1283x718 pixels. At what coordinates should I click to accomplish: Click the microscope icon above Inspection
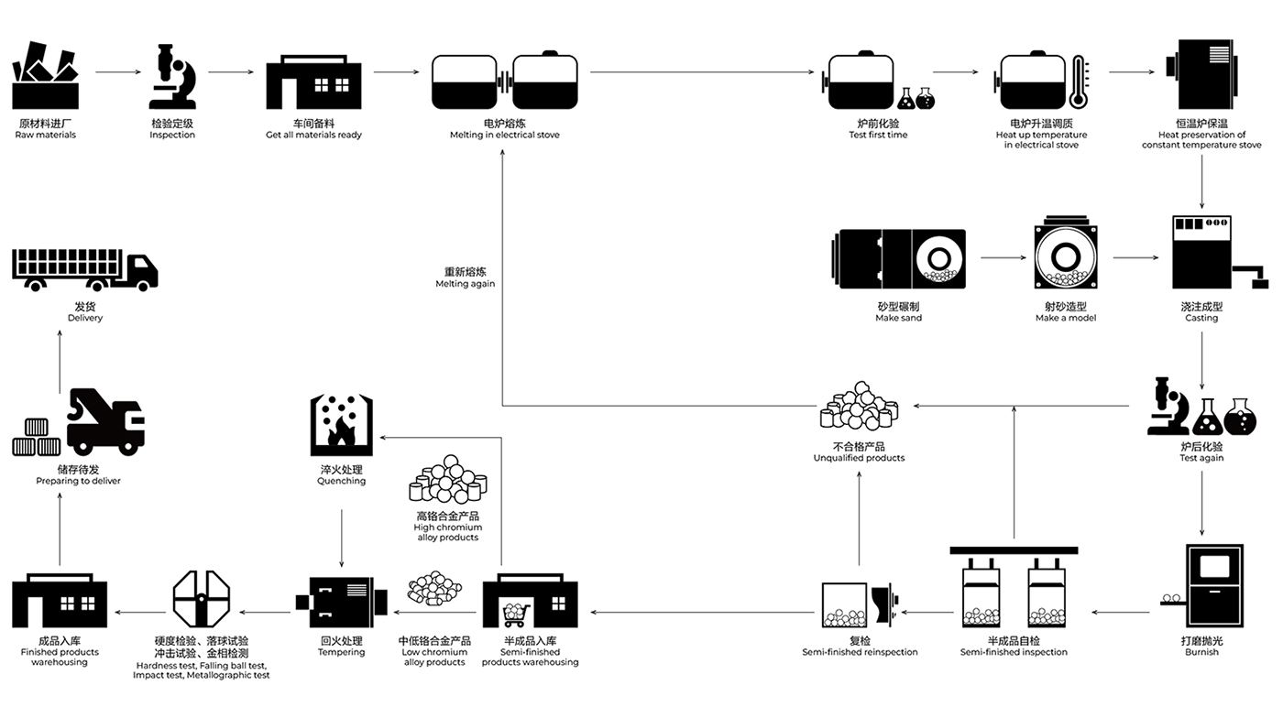click(x=172, y=77)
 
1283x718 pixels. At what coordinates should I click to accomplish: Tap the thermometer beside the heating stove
click(x=1080, y=82)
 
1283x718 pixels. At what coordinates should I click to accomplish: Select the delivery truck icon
click(x=84, y=269)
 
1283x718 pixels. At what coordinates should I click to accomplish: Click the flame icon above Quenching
click(x=340, y=430)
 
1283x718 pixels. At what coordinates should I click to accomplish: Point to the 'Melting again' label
click(x=466, y=284)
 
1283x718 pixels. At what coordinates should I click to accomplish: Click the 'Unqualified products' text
click(x=860, y=458)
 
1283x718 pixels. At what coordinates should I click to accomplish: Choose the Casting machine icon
click(x=1212, y=252)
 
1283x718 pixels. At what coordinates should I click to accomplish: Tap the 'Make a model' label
click(x=1066, y=318)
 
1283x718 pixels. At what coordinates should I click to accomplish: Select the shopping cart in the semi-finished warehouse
click(x=515, y=615)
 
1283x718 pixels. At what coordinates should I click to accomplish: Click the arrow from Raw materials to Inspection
click(x=118, y=72)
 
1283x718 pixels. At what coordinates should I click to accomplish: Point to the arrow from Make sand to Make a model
click(x=1003, y=257)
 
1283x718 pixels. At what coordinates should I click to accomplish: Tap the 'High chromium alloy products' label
click(x=448, y=532)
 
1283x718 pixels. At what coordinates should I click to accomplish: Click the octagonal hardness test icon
click(x=202, y=599)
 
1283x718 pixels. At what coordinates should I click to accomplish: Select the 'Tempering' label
click(x=341, y=652)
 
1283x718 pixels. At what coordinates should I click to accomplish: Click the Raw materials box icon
click(x=45, y=75)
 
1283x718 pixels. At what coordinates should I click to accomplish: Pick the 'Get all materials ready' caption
click(x=313, y=136)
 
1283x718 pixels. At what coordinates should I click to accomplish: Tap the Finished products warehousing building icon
click(x=60, y=600)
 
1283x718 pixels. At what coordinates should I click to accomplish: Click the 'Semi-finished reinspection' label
click(x=860, y=652)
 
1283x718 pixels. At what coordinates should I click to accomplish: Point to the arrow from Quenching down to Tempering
click(x=342, y=538)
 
